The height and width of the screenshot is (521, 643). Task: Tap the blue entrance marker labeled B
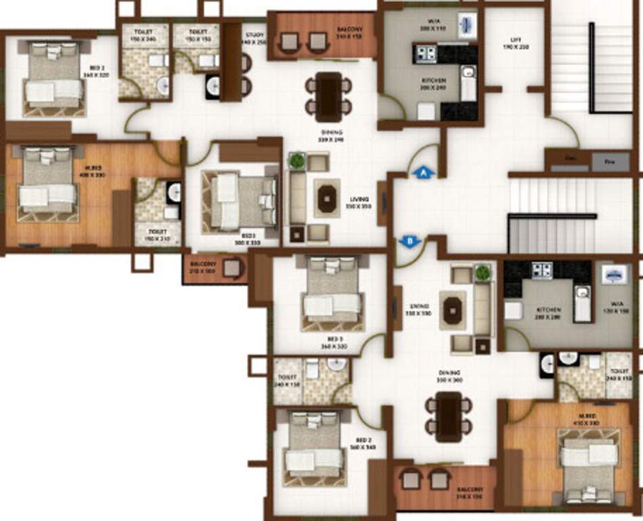[408, 240]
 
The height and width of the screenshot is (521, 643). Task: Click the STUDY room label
[254, 37]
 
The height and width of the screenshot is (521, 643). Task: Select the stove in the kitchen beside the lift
[425, 54]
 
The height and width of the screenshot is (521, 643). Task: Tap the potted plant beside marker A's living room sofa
[296, 161]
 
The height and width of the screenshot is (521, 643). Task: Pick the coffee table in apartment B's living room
[452, 310]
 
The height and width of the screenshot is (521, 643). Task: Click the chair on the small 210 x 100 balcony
[233, 268]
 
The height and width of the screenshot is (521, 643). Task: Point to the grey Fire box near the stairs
[610, 161]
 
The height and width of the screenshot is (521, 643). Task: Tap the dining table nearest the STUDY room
[328, 95]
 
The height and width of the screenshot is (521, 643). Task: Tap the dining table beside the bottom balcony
[448, 417]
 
